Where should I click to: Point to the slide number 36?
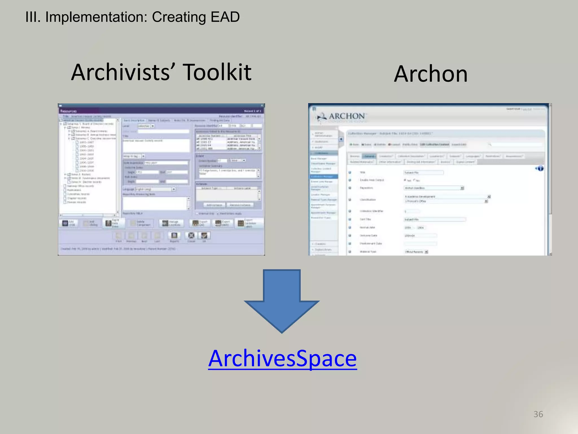pos(538,414)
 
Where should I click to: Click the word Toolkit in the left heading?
pos(217,72)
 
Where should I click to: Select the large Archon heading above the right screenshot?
pos(431,74)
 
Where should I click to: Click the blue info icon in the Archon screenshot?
pos(540,169)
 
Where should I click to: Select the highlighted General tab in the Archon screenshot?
pos(369,156)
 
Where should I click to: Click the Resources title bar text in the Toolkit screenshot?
pos(68,111)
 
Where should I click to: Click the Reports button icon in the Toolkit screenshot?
pos(174,236)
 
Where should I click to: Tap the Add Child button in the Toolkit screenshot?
pos(68,223)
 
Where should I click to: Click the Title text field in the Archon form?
pos(423,172)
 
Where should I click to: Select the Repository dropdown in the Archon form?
pos(433,188)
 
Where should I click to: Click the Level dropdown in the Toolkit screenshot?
pos(146,126)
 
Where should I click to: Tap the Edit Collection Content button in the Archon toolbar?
pos(434,144)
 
